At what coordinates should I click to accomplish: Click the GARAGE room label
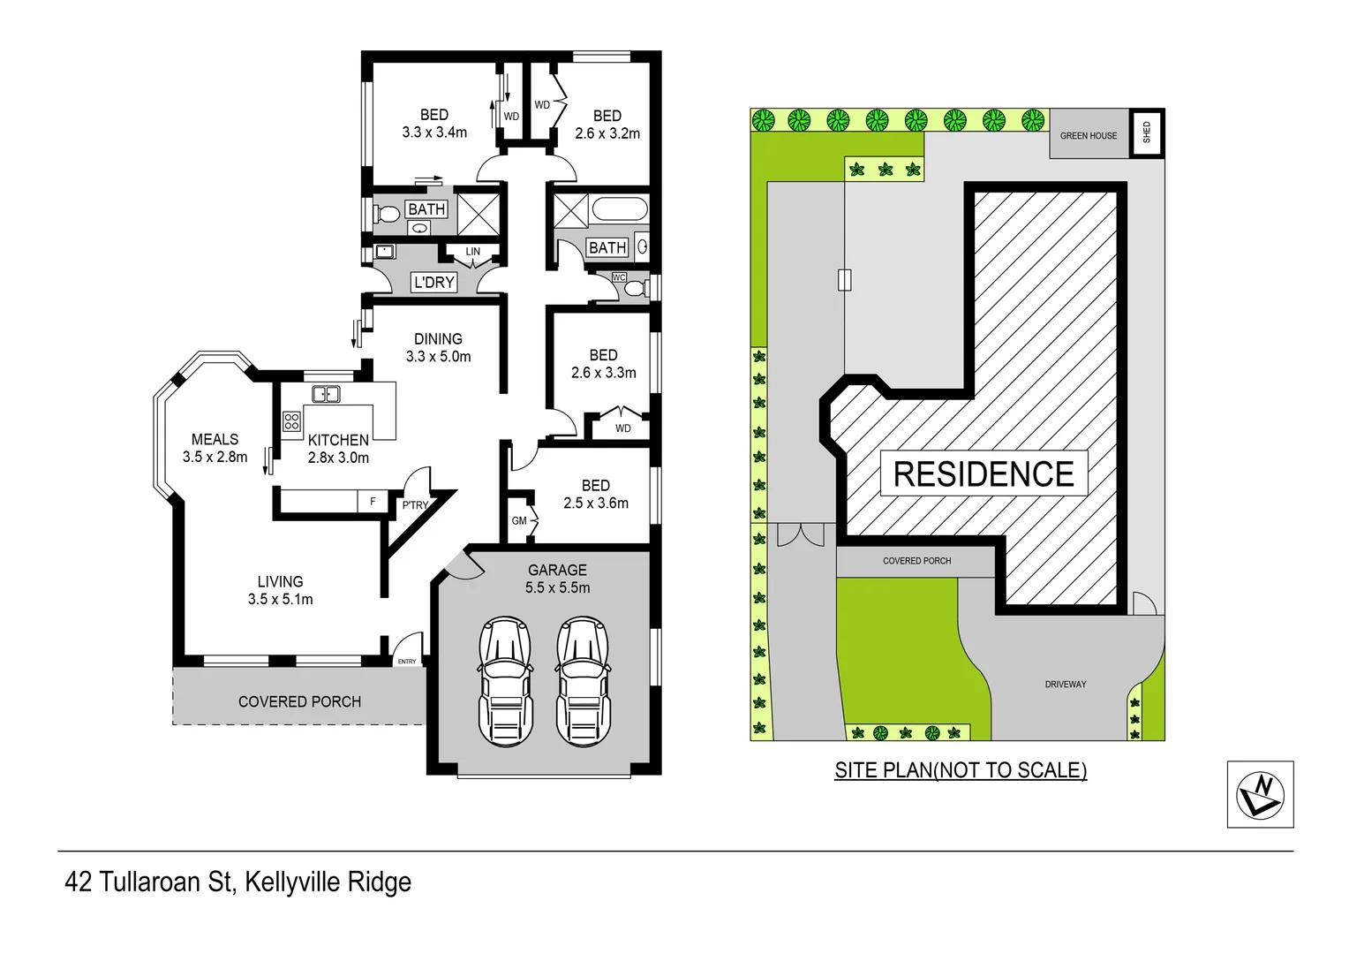click(x=557, y=570)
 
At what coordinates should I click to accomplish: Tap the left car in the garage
click(x=505, y=681)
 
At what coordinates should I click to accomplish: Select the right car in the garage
click(x=582, y=681)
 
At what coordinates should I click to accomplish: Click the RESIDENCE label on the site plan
click(x=983, y=474)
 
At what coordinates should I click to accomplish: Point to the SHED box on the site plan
click(x=1147, y=133)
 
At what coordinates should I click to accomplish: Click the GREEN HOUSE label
click(x=1089, y=136)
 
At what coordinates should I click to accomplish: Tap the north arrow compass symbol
click(x=1260, y=794)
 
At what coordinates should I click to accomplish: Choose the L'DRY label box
click(x=433, y=283)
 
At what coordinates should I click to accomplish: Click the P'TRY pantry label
click(x=415, y=505)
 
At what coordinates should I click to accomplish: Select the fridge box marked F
click(x=373, y=502)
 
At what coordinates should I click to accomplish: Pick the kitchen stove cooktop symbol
click(x=291, y=421)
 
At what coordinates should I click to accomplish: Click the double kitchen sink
click(x=326, y=394)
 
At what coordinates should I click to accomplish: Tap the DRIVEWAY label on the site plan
click(x=1066, y=685)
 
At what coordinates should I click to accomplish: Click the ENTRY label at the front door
click(x=407, y=662)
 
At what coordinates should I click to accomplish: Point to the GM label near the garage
click(x=519, y=521)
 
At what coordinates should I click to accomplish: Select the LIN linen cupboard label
click(x=473, y=252)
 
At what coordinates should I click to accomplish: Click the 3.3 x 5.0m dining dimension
click(x=438, y=357)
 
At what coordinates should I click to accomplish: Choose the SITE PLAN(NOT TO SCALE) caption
click(x=961, y=770)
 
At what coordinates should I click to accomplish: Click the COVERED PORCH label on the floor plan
click(x=299, y=701)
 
